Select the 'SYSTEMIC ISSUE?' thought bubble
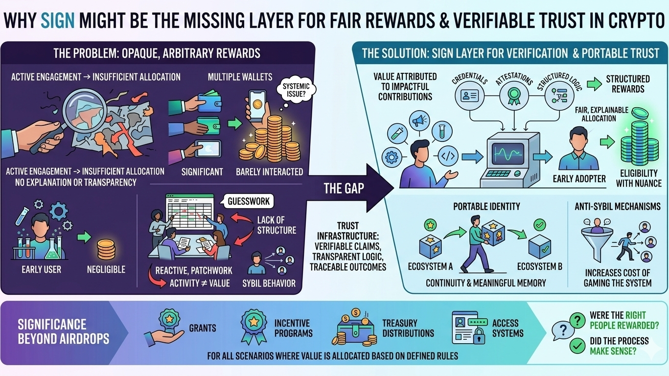[294, 92]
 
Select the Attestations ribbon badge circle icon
[512, 95]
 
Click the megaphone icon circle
[419, 120]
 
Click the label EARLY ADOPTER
[579, 179]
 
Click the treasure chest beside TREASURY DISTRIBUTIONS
[355, 330]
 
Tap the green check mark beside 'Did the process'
[578, 346]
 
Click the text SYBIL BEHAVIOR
[269, 283]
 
